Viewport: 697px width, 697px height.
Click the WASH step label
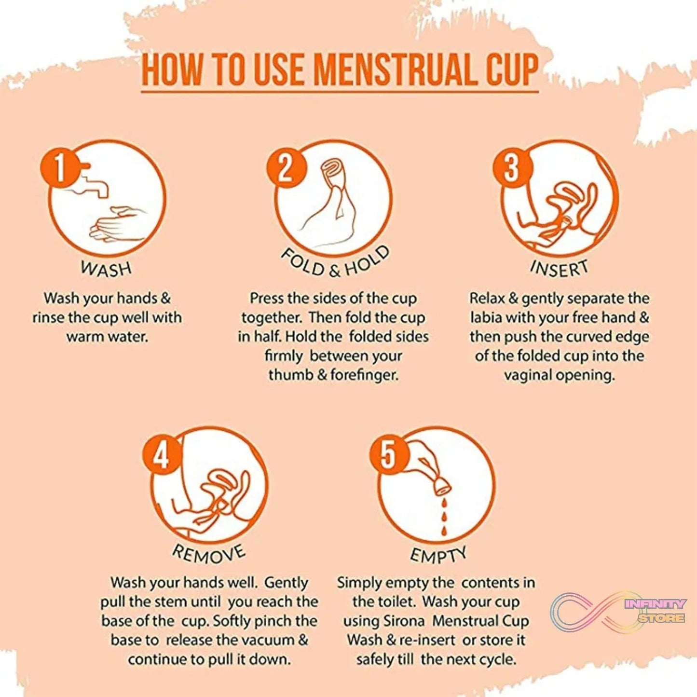coord(106,269)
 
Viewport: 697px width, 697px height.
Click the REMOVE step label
coord(209,554)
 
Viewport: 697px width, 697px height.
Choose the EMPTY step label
coord(438,555)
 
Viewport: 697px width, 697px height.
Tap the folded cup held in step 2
coord(333,174)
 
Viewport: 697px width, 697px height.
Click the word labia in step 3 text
coord(487,317)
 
